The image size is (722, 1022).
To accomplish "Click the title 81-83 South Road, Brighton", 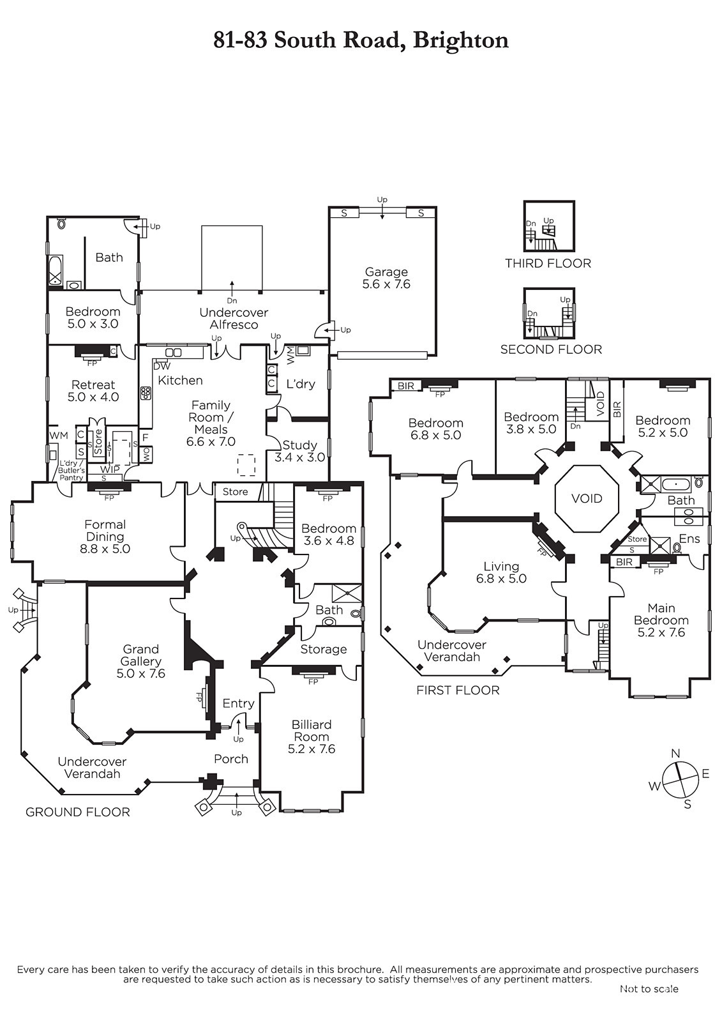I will [x=361, y=40].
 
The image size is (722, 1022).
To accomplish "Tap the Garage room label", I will [x=386, y=278].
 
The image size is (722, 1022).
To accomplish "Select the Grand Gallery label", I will [x=141, y=661].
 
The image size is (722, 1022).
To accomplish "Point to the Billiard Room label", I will [x=312, y=736].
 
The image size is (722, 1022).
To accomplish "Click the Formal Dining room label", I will [x=105, y=537].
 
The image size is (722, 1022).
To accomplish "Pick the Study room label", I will [x=299, y=451].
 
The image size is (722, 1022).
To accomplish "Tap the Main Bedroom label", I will [x=661, y=620].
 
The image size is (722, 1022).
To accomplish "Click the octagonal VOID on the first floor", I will [x=587, y=498].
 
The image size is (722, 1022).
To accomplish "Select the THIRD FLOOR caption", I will [x=548, y=263].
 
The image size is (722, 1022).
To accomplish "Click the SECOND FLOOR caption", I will [x=551, y=349].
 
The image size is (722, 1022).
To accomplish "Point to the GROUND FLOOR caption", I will [x=78, y=812].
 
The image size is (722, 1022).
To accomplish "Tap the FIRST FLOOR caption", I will [x=458, y=690].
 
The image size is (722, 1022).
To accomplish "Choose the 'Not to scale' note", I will [x=649, y=989].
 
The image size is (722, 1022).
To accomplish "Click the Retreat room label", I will [x=93, y=390].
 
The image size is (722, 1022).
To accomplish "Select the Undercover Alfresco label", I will [x=234, y=318].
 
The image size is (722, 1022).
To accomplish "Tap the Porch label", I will [x=231, y=759].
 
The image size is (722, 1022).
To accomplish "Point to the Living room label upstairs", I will [x=501, y=572].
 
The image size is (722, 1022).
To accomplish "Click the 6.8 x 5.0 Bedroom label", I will [x=436, y=429].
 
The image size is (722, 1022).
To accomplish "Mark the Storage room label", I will [x=324, y=649].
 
